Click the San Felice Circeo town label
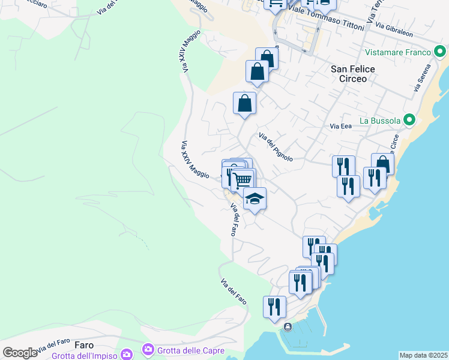[353, 74]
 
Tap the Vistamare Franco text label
[396, 52]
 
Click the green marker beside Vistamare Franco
[441, 52]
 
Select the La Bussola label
[379, 121]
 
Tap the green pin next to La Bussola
[410, 120]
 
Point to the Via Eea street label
[340, 127]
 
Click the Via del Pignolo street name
[276, 147]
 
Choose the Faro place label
[84, 345]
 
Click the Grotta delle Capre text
[191, 350]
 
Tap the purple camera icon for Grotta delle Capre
[148, 349]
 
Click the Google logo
[20, 353]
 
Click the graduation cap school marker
[255, 200]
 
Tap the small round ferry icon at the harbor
[288, 326]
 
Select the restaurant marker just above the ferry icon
[274, 307]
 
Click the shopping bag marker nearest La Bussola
[382, 164]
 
